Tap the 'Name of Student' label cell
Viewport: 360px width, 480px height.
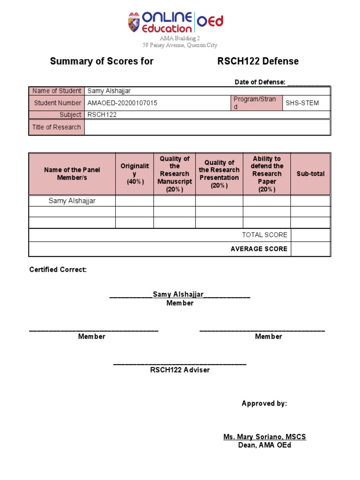click(x=57, y=91)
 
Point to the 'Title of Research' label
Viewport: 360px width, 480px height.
click(x=56, y=127)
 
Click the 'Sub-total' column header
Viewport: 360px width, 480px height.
click(x=310, y=174)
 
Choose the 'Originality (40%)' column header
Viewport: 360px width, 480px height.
click(x=135, y=174)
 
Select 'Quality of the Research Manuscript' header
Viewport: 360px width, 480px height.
click(x=174, y=174)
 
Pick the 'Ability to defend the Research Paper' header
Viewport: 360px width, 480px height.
click(x=267, y=174)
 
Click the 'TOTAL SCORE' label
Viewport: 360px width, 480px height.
click(x=264, y=235)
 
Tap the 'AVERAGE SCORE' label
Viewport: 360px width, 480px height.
click(x=259, y=249)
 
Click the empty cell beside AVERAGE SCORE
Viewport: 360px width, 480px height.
click(x=310, y=249)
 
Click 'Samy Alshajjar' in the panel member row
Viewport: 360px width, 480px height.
click(x=72, y=201)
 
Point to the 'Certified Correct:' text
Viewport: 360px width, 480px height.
click(x=58, y=270)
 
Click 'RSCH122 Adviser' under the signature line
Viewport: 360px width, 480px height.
click(x=180, y=370)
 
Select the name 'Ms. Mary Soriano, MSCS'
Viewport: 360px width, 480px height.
click(x=264, y=437)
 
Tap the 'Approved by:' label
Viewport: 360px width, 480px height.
click(x=264, y=404)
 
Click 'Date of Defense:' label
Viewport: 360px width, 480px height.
click(x=260, y=82)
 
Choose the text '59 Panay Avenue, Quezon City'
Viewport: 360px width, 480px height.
click(x=180, y=45)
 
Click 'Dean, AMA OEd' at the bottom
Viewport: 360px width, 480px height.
click(x=264, y=445)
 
